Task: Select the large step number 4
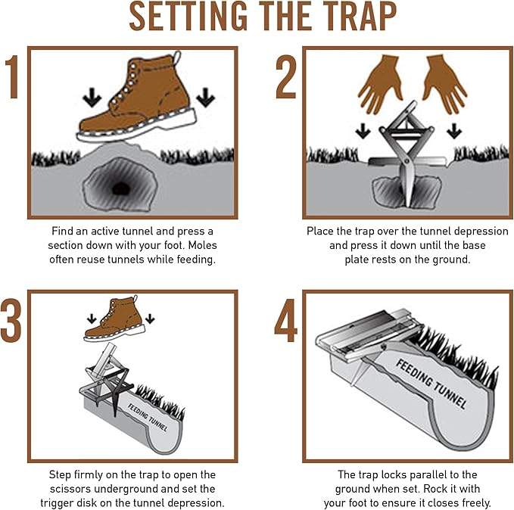pyautogui.click(x=286, y=321)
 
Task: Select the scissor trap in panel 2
pyautogui.click(x=408, y=151)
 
